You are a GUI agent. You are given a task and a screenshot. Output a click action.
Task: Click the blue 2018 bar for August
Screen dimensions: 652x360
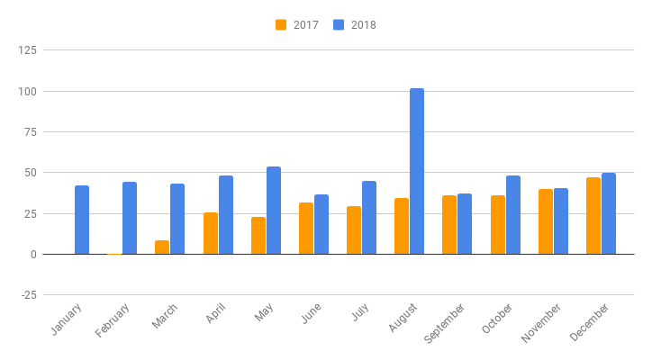click(x=417, y=171)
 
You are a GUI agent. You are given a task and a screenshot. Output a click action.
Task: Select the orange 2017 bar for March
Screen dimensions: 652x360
click(x=162, y=247)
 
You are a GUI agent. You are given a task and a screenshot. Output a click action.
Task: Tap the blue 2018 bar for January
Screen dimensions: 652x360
click(x=82, y=220)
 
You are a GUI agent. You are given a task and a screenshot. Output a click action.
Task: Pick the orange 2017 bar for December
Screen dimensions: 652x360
click(x=593, y=216)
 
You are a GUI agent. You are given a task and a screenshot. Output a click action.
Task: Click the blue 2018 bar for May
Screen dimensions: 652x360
click(x=274, y=211)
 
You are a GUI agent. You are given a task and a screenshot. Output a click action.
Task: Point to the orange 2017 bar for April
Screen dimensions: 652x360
click(x=211, y=233)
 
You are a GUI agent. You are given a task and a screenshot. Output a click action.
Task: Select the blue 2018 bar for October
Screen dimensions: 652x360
click(x=513, y=215)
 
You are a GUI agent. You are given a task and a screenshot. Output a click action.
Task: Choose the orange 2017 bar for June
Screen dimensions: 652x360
click(x=306, y=229)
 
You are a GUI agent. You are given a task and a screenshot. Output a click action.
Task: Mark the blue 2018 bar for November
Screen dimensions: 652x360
click(x=561, y=221)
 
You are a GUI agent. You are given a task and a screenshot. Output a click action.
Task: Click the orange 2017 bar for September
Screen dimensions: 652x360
click(x=449, y=224)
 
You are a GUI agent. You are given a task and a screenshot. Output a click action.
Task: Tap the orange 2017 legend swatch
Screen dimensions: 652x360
click(x=281, y=25)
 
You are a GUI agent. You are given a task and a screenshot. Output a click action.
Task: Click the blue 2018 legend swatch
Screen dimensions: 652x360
click(x=339, y=25)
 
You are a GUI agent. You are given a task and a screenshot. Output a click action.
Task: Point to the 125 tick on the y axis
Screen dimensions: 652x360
click(x=27, y=50)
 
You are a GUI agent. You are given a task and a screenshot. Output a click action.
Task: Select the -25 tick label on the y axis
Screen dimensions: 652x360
click(x=29, y=295)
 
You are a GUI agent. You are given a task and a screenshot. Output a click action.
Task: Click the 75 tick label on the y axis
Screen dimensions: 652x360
click(x=31, y=132)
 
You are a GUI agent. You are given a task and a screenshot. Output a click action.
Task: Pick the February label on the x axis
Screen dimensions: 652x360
click(x=113, y=320)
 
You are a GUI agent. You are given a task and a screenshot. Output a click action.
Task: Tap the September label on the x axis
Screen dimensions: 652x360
click(x=444, y=323)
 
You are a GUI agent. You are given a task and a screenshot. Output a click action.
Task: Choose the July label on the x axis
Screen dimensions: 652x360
click(x=360, y=312)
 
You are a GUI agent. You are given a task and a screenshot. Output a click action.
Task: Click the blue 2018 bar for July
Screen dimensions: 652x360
click(x=369, y=218)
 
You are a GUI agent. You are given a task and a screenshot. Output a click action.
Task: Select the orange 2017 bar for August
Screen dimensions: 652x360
click(x=402, y=226)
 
